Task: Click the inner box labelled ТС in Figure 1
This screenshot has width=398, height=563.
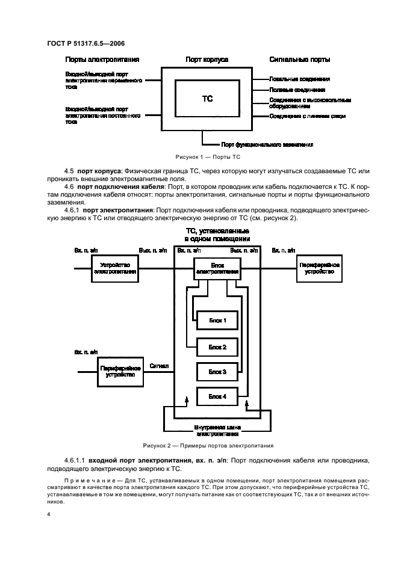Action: click(x=207, y=99)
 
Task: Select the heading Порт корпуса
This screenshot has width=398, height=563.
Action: click(x=206, y=60)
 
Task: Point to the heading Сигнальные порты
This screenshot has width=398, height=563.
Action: click(x=299, y=60)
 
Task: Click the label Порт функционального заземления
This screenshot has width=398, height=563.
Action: click(x=259, y=145)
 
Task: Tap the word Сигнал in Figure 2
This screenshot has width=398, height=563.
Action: click(x=159, y=365)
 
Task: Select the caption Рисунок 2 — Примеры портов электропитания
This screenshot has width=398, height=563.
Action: click(x=207, y=446)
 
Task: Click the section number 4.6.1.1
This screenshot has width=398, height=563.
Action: click(x=74, y=460)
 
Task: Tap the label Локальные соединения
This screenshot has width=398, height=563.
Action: click(x=299, y=79)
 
